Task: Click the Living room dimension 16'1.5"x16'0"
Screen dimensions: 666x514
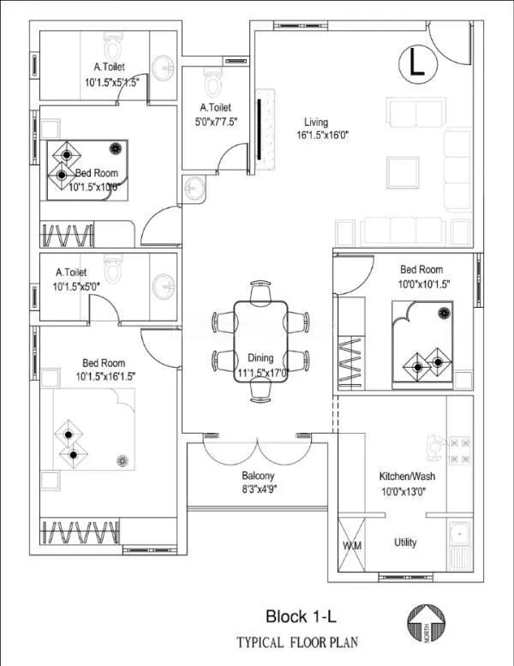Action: pyautogui.click(x=322, y=135)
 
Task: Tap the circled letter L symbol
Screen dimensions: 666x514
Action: pyautogui.click(x=416, y=63)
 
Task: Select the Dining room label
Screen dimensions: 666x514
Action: pyautogui.click(x=260, y=357)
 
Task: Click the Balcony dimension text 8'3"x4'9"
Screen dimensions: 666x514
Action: pyautogui.click(x=258, y=489)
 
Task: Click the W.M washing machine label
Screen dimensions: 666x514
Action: pyautogui.click(x=351, y=544)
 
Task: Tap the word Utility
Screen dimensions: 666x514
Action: pyautogui.click(x=405, y=543)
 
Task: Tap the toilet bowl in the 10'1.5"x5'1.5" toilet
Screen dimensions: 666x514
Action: pyautogui.click(x=112, y=41)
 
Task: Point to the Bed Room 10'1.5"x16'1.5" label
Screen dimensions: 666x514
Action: pyautogui.click(x=105, y=369)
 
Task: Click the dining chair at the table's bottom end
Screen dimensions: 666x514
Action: pyautogui.click(x=260, y=392)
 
